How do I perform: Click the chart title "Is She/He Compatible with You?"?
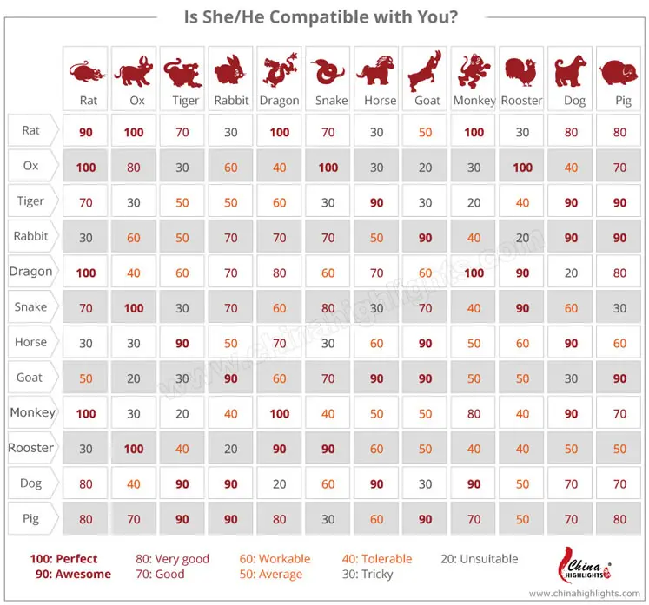[322, 16]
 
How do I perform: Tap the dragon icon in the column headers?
[280, 72]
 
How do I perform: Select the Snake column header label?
[331, 101]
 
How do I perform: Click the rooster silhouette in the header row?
[521, 71]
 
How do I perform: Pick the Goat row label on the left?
[31, 378]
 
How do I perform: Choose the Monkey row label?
[32, 413]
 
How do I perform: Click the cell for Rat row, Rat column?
[87, 132]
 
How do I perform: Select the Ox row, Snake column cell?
[329, 168]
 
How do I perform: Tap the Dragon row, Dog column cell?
[571, 273]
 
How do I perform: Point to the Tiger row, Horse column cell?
[377, 202]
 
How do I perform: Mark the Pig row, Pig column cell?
[619, 520]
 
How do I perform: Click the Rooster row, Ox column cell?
[135, 449]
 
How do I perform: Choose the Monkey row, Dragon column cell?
[280, 414]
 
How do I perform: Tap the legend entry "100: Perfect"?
[64, 559]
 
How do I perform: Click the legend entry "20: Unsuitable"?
[479, 559]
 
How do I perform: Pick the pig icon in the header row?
[619, 71]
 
